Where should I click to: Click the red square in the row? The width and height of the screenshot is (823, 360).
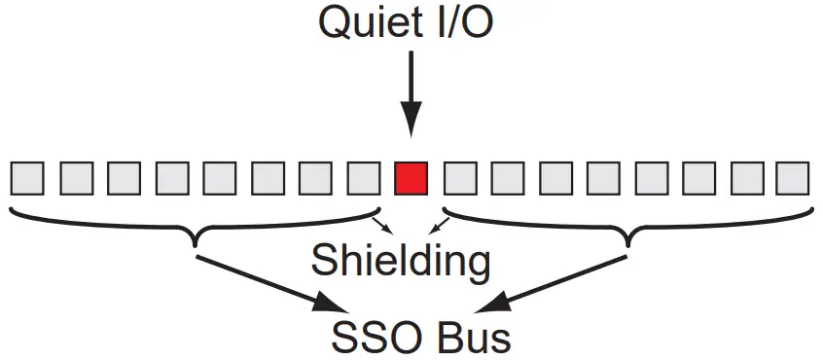point(411,178)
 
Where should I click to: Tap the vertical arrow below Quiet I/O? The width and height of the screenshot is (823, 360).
point(411,92)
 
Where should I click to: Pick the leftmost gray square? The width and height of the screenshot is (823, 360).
point(28,178)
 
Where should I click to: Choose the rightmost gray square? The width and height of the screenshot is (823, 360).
point(793,178)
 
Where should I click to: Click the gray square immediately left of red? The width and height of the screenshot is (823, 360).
point(363,178)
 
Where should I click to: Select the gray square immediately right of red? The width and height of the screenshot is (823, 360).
point(458,178)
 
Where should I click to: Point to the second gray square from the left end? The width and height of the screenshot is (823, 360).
point(76,178)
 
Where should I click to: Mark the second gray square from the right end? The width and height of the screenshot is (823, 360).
point(745,178)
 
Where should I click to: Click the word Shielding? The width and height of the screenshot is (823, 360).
point(400,260)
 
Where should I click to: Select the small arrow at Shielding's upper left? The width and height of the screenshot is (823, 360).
point(382,225)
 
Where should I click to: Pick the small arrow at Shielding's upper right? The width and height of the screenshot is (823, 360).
point(441,225)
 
